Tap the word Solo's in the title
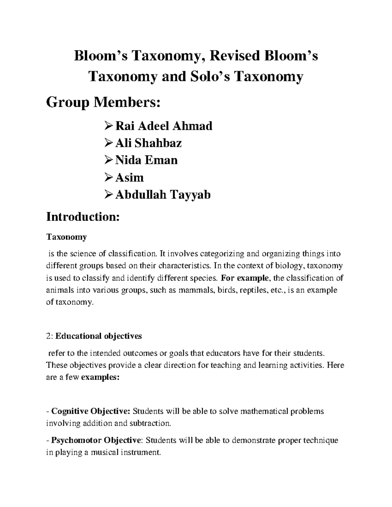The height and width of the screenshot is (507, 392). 209,77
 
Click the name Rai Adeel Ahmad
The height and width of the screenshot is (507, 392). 164,126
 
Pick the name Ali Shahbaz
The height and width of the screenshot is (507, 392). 148,143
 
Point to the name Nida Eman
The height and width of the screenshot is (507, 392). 146,160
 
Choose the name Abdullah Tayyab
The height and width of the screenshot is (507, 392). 163,195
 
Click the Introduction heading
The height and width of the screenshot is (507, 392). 83,217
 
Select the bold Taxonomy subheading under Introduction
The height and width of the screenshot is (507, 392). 66,237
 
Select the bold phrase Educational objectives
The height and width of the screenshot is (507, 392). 99,336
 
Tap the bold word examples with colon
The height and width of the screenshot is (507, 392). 100,378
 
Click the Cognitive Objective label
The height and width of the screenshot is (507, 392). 91,411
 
